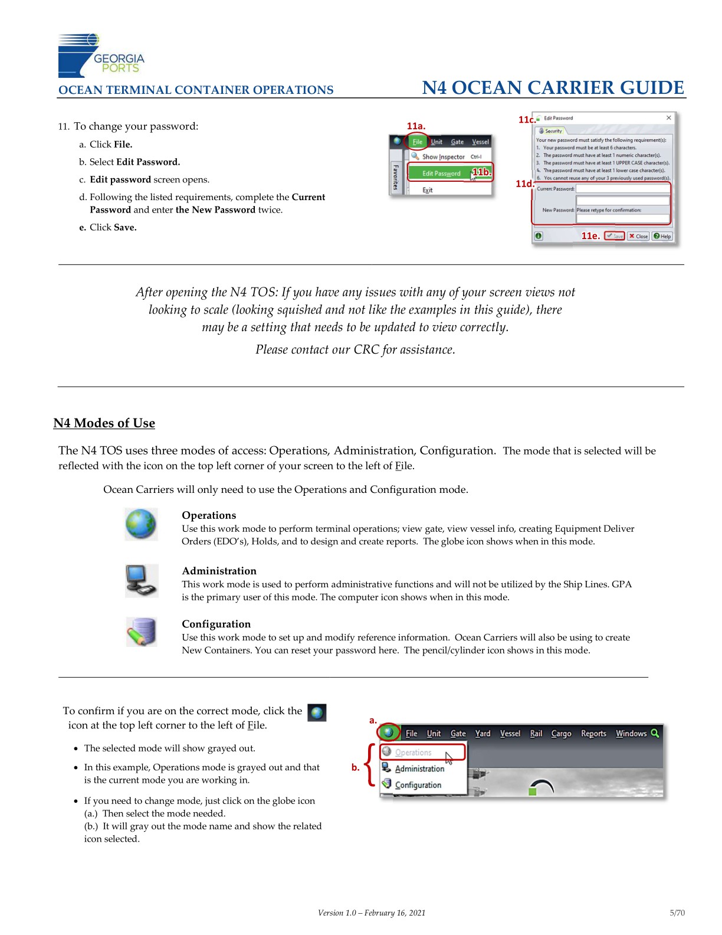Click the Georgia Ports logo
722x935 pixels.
(101, 55)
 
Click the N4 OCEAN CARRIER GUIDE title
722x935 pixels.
(553, 88)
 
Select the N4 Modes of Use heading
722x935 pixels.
(104, 423)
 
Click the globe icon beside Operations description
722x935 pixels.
(141, 524)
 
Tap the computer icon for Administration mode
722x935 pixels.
(141, 580)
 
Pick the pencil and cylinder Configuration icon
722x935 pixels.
(142, 632)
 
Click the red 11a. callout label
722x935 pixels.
(416, 126)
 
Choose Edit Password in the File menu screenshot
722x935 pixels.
(441, 174)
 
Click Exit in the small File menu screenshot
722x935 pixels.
(428, 190)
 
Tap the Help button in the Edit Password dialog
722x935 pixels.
(662, 236)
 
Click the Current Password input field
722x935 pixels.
(623, 189)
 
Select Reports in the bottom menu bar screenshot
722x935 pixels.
(593, 734)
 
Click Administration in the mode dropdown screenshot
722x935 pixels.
(419, 769)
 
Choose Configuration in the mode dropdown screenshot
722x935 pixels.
(418, 785)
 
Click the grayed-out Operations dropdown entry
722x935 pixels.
(413, 753)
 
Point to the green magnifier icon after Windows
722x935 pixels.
(655, 733)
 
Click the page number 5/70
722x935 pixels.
(677, 913)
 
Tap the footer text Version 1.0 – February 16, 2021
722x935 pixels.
(372, 913)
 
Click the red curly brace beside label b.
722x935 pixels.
(370, 766)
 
